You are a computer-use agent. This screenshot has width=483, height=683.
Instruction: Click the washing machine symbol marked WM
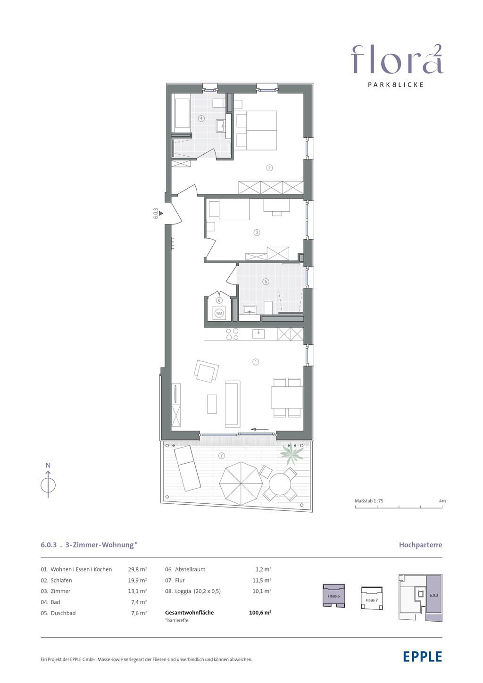(219, 313)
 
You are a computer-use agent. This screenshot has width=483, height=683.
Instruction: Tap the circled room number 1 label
(256, 362)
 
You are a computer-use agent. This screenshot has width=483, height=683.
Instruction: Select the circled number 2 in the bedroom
(269, 168)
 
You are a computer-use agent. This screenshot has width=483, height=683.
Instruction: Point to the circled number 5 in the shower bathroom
(266, 282)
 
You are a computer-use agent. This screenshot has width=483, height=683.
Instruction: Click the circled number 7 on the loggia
(222, 456)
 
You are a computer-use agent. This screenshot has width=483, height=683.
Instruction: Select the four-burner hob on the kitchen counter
(232, 334)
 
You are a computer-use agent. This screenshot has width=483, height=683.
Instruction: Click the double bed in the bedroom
(257, 130)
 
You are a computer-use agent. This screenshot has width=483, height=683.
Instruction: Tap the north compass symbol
(48, 481)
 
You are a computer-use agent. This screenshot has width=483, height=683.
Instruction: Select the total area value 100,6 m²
(260, 613)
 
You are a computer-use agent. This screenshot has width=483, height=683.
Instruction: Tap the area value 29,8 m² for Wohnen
(138, 569)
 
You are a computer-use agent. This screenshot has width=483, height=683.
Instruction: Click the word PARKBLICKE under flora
(396, 85)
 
